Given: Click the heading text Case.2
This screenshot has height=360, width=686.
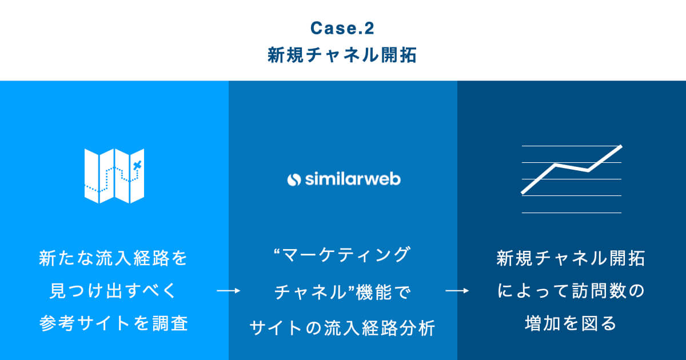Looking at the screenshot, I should (342, 27).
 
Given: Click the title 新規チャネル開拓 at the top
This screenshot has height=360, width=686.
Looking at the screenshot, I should (342, 55).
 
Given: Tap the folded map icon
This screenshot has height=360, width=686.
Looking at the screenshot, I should (114, 175).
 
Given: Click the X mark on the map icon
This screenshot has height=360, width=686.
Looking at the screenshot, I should (136, 166).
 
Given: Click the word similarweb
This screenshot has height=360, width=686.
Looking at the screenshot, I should (352, 179).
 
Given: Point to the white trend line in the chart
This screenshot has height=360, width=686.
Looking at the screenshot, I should (572, 168).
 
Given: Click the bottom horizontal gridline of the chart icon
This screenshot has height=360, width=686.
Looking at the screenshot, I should (572, 213).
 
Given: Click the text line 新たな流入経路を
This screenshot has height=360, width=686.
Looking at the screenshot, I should (114, 258).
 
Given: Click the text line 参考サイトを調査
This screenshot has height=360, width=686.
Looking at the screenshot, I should (114, 324).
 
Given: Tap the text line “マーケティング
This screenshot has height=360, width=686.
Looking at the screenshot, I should (342, 255).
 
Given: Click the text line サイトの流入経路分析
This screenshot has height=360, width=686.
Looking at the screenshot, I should (342, 329).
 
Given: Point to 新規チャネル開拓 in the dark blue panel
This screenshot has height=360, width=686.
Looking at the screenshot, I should (571, 258).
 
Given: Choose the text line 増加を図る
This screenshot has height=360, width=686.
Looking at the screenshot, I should (571, 324).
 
